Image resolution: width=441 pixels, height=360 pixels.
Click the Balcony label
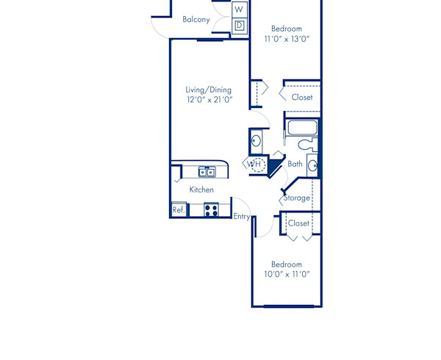coord(196,20)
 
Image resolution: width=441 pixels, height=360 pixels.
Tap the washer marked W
coord(239,10)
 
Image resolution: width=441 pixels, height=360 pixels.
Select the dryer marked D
coord(239,26)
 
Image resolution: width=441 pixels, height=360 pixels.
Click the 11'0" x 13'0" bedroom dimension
coord(287,40)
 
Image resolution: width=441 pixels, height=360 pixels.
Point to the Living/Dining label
coord(209,90)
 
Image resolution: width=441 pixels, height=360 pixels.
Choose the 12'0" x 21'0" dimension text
coord(209,100)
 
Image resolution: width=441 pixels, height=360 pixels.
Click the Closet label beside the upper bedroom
coord(302,97)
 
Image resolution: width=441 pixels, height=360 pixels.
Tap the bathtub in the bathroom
coord(301,128)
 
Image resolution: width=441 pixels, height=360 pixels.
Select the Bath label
coord(295,164)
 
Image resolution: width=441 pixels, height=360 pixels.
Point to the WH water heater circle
coord(257,163)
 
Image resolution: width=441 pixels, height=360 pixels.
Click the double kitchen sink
coord(207,172)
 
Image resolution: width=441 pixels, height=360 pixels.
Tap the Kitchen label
coord(201,190)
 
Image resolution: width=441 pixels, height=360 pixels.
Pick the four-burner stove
coord(211,209)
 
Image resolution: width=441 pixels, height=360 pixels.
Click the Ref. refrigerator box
coord(179,209)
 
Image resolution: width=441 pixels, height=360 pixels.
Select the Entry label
coord(241,216)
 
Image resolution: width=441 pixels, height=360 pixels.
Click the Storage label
coord(297,198)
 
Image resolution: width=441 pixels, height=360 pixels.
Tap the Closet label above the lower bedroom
coord(298,223)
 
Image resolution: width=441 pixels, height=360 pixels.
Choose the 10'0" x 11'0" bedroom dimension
coord(287,274)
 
